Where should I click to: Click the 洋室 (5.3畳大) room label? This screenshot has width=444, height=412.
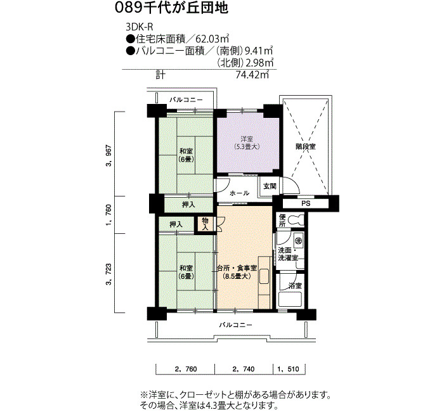pos(246,143)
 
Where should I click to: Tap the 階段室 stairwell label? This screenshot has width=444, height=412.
pos(306,146)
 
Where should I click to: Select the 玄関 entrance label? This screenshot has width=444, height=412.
pos(270,186)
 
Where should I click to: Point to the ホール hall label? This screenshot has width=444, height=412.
pos(240,193)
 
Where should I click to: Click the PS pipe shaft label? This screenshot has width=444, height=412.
pos(306,203)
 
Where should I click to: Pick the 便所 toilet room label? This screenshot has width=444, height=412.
pos(282,221)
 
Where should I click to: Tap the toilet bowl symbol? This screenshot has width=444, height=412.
pos(296,220)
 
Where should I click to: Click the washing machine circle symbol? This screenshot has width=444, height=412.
pos(299,241)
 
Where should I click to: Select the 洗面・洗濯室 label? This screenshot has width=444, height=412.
pos(288,254)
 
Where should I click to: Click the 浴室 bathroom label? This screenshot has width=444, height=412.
pos(295,285)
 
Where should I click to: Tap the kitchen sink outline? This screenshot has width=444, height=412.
pos(264,276)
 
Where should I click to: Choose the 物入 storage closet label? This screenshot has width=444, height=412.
pos(206,224)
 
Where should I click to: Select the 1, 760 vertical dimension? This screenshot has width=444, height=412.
pos(108,215)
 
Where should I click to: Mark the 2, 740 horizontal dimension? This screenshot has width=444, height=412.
pos(244,369)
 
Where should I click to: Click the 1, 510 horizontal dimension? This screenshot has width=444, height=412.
pos(288,369)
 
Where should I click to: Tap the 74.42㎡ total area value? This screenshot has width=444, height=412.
pos(252,75)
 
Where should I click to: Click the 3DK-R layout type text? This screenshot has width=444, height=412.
pos(140,27)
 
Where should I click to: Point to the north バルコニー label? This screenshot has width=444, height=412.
pos(186,100)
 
